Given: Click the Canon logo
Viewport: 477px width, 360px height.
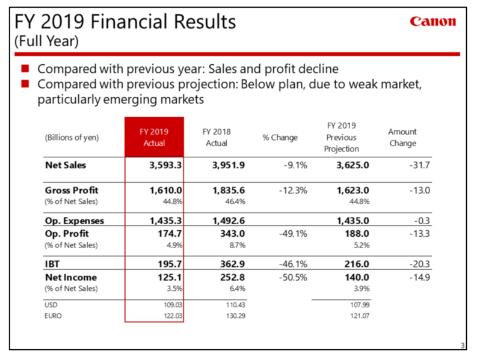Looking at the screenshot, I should tap(432, 22).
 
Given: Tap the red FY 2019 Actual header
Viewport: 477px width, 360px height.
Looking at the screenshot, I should tap(154, 137).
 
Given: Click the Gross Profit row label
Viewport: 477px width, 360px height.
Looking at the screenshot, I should tap(72, 191).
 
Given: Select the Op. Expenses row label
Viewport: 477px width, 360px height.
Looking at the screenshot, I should tap(75, 221).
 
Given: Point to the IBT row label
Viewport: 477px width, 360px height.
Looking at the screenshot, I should tap(54, 263).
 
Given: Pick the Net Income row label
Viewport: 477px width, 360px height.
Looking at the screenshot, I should tap(71, 278).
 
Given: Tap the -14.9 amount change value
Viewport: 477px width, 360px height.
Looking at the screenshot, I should tap(417, 278).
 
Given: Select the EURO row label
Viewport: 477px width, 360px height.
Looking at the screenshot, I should tap(55, 316).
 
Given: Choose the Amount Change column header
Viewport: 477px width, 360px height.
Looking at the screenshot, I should tap(402, 137).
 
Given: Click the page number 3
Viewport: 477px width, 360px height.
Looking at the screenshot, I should tap(463, 345).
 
